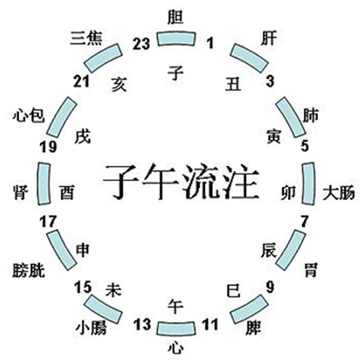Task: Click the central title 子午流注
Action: (x=181, y=182)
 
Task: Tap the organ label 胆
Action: (x=176, y=17)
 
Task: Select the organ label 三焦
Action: (x=86, y=38)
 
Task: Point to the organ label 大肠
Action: (x=339, y=193)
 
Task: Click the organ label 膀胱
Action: (x=29, y=270)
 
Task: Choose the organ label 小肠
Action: (x=91, y=328)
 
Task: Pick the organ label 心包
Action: (x=29, y=115)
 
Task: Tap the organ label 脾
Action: (x=253, y=328)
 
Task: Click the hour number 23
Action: (x=141, y=44)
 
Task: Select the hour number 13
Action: (x=142, y=324)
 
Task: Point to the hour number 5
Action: (x=305, y=146)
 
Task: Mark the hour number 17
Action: (x=48, y=221)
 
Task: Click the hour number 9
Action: (x=270, y=287)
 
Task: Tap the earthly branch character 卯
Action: (x=288, y=193)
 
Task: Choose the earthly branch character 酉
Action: (x=67, y=193)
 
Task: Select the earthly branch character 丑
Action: (x=233, y=84)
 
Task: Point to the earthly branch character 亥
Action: (x=119, y=84)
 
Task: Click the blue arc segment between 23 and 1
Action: (x=176, y=38)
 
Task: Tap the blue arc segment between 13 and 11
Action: (x=176, y=329)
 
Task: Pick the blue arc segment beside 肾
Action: (x=43, y=184)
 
